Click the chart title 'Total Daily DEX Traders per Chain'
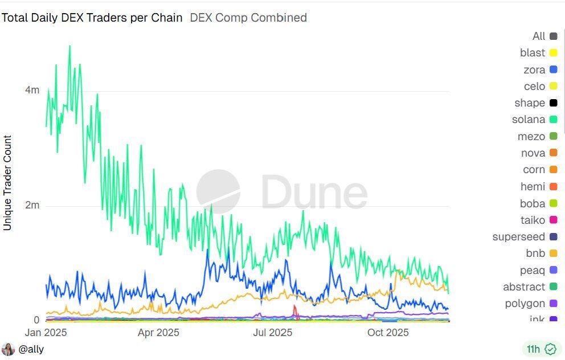pos(92,18)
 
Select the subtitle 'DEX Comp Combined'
pos(248,18)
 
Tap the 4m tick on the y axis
pos(32,90)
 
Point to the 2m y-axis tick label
pos(32,205)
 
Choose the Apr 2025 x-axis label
pos(159,332)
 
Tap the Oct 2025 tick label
pos(387,332)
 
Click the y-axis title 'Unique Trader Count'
pos(7,183)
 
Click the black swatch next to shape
pos(553,103)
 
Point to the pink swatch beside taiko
pos(553,220)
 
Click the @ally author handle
pos(31,349)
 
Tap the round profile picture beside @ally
pos(8,349)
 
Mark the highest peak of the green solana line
pos(70,46)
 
